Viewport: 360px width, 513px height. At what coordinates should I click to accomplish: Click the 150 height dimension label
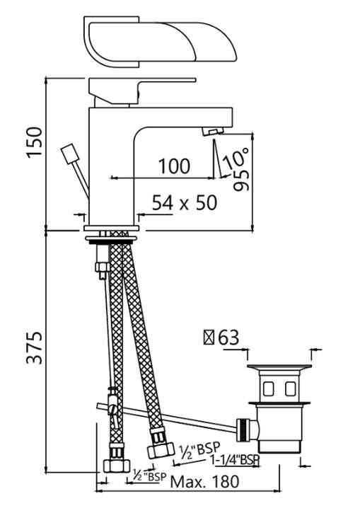35,142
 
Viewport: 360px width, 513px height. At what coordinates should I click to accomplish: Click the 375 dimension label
35,348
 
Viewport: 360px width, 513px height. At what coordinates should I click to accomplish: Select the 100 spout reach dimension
174,166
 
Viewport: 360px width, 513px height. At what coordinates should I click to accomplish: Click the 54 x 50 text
185,203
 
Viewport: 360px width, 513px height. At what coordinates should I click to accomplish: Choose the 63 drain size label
228,338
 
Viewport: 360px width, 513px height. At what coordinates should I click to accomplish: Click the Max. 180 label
205,482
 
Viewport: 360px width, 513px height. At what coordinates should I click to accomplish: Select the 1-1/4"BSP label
234,460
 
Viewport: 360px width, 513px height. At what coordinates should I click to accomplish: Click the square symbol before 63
209,338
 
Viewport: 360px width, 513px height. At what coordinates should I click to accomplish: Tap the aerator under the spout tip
213,132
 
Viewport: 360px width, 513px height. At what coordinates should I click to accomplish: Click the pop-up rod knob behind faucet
69,154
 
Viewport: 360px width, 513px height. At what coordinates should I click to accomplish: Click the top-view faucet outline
160,42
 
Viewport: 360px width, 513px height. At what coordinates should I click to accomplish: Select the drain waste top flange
279,367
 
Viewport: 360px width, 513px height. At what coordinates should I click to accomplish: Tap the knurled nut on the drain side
243,430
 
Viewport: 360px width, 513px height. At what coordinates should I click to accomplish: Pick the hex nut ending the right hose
161,450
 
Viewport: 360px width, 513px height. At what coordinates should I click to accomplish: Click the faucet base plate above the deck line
112,228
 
